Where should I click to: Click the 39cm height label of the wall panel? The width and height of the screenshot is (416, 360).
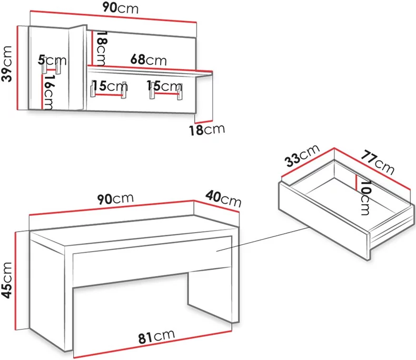pyautogui.click(x=7, y=64)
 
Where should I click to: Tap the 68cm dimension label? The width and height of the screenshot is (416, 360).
pyautogui.click(x=148, y=60)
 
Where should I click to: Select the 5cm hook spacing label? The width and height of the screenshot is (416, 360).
pyautogui.click(x=52, y=61)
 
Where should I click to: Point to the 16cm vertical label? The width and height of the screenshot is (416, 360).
pyautogui.click(x=49, y=92)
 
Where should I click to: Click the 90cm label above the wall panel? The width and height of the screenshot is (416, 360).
pyautogui.click(x=121, y=8)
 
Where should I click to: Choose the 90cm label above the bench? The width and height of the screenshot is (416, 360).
pyautogui.click(x=115, y=199)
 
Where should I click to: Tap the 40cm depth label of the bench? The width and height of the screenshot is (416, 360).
pyautogui.click(x=223, y=198)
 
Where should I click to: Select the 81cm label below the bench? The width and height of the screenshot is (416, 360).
pyautogui.click(x=156, y=337)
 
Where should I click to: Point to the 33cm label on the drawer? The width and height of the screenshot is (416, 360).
pyautogui.click(x=302, y=156)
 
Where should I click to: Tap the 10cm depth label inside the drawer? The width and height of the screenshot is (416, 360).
pyautogui.click(x=365, y=198)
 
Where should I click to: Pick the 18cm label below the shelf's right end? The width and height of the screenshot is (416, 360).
pyautogui.click(x=207, y=129)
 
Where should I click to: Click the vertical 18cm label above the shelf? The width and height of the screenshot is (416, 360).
pyautogui.click(x=101, y=48)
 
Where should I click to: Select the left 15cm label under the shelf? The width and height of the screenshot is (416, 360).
pyautogui.click(x=110, y=86)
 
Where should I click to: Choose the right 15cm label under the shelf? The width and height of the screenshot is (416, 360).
pyautogui.click(x=164, y=86)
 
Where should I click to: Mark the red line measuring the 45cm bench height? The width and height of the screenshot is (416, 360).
pyautogui.click(x=16, y=281)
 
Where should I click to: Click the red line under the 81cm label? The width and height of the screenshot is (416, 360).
pyautogui.click(x=153, y=344)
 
